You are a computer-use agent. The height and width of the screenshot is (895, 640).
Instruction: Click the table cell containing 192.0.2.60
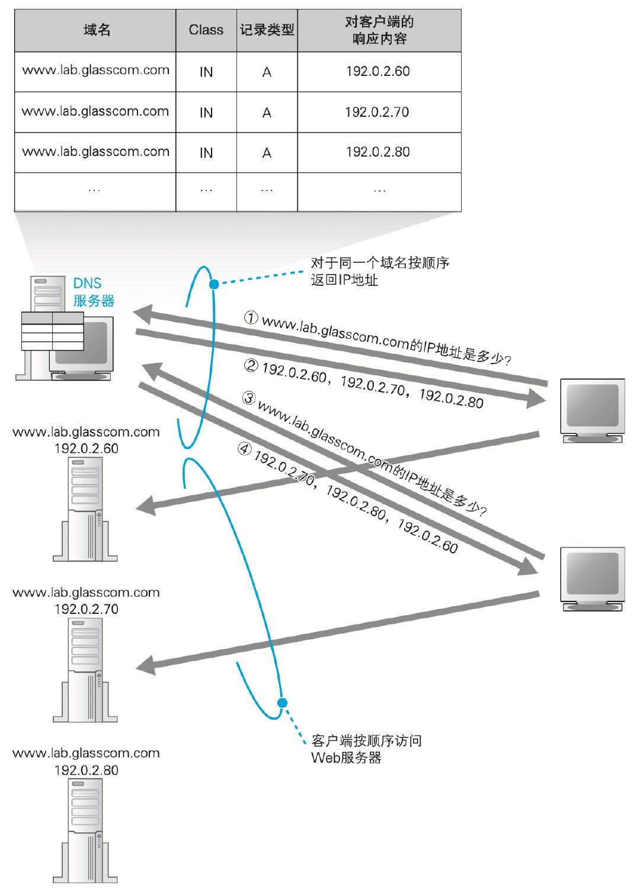378,72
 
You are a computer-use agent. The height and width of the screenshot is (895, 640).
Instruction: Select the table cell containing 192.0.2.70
378,112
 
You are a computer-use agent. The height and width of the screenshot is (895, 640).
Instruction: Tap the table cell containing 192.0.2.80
378,152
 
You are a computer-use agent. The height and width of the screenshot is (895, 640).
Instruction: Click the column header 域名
96,30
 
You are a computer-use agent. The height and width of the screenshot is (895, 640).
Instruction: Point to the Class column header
206,30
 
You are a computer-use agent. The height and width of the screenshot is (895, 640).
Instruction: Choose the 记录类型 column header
267,30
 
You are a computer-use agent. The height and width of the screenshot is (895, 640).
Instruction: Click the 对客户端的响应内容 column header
379,30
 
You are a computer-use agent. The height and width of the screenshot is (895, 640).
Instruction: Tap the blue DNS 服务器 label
93,292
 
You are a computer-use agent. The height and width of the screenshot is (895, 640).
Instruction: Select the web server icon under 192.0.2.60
86,510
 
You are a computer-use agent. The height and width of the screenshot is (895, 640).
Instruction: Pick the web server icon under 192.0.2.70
86,671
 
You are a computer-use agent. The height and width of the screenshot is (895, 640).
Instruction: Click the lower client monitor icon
593,578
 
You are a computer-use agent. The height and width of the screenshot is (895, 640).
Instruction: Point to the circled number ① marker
251,318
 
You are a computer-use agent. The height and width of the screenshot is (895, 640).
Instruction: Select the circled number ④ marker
244,449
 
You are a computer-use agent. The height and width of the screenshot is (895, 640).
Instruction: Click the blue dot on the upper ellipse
214,284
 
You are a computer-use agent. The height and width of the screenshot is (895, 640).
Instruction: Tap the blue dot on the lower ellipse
283,703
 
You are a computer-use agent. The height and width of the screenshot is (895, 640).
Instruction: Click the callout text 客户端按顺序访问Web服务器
366,749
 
